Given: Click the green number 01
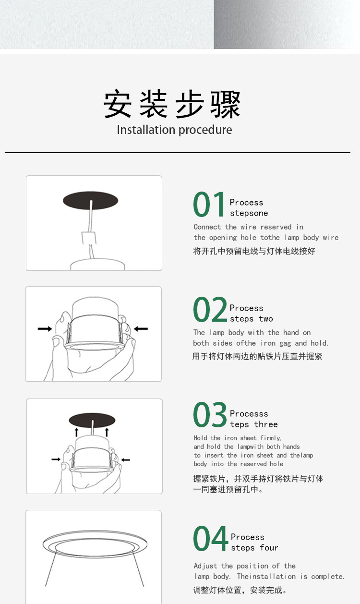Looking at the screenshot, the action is coord(209,204).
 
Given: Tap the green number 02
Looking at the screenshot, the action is coord(210,309).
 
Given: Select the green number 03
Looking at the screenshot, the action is coord(210,414).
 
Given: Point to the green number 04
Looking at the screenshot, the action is coord(211,538).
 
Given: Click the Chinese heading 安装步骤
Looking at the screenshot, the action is coord(172,104).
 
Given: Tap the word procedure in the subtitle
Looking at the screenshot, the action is coord(205,130).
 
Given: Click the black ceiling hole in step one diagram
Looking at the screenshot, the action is coord(90,200).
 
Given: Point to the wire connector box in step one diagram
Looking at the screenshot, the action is coord(89,238).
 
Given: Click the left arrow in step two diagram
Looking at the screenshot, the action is coord(45,329).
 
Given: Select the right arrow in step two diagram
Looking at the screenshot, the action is coord(141,329).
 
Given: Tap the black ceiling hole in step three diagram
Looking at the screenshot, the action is coord(92,420).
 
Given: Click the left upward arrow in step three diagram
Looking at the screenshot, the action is coord(77,432).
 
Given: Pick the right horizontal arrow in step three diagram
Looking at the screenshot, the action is coord(126,460).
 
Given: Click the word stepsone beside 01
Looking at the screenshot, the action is coord(249,213).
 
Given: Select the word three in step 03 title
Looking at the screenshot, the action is coord(266,424).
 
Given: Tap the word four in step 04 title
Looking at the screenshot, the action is coord(269,548).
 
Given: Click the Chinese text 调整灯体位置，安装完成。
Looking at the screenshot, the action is coord(240,590).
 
